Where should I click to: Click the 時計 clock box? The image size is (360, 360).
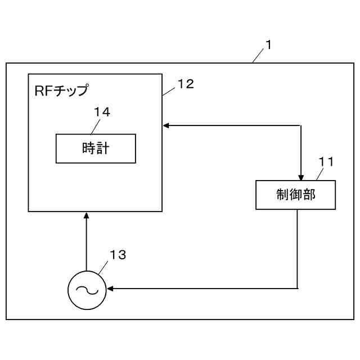96,148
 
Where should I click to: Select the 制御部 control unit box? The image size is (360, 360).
295,195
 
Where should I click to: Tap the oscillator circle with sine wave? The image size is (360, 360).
87,290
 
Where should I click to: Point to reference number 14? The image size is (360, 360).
102,112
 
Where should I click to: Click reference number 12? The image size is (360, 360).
185,84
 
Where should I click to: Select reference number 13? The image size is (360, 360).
118,255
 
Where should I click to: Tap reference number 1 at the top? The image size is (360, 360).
268,45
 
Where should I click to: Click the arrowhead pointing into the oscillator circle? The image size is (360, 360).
110,289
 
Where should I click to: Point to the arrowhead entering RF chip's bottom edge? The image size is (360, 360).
87,215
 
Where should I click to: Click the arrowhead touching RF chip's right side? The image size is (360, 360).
166,125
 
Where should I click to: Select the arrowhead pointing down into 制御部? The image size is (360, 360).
301,176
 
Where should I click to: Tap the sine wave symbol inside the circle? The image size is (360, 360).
87,290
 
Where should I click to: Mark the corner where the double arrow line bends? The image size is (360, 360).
301,125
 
